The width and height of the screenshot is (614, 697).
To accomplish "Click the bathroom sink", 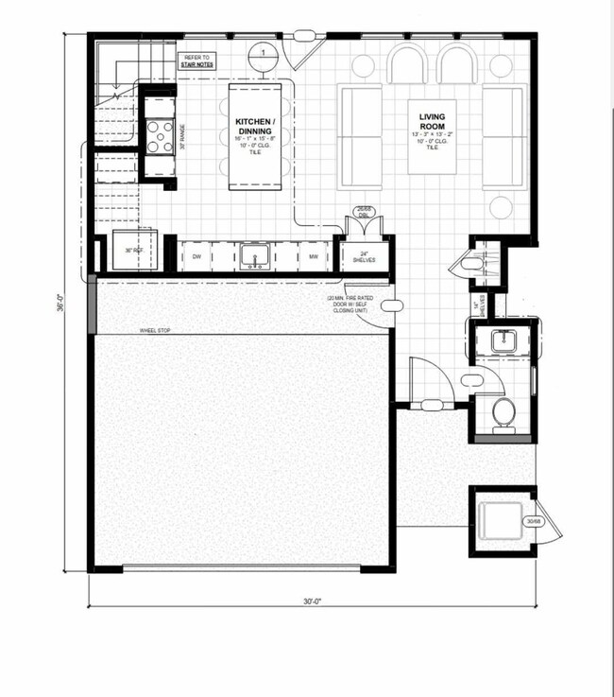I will click(x=504, y=339).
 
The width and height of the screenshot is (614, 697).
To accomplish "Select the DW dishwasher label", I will click(x=197, y=256).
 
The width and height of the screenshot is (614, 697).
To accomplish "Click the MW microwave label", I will click(x=311, y=256).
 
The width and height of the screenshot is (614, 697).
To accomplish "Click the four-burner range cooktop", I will click(x=157, y=132).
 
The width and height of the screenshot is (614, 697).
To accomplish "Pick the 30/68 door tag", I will click(x=533, y=521).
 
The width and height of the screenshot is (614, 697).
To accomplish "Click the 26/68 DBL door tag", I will click(x=364, y=212).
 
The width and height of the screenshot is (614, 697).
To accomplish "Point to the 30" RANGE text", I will click(x=182, y=141).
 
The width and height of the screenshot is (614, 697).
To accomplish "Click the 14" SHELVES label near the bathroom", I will click(x=480, y=303).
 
